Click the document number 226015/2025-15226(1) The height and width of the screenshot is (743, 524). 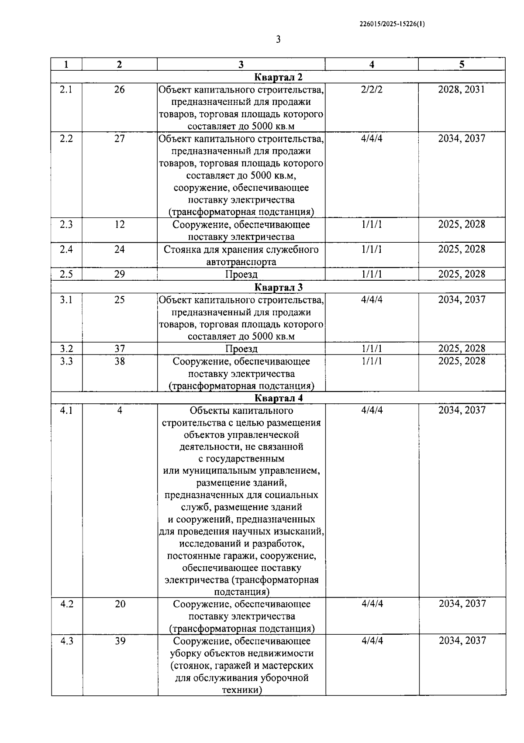click(392, 24)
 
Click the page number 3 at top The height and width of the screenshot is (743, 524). click(278, 40)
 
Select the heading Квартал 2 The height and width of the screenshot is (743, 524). click(278, 77)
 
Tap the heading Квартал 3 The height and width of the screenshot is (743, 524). click(278, 287)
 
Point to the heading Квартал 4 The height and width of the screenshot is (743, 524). click(278, 398)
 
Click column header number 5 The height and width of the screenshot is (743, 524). click(462, 65)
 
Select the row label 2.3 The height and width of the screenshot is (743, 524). click(66, 224)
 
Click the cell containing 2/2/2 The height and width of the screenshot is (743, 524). click(372, 89)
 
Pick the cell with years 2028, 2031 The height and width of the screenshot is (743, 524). click(462, 89)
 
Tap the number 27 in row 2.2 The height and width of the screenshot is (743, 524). click(119, 138)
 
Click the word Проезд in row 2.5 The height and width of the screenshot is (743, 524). click(241, 275)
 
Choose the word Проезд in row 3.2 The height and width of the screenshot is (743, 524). click(241, 349)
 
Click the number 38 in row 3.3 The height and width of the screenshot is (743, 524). click(119, 361)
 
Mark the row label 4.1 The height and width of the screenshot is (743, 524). click(66, 410)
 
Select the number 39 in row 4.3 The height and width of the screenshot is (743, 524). click(120, 641)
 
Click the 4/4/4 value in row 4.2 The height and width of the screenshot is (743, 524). click(372, 604)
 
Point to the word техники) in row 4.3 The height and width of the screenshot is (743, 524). click(241, 690)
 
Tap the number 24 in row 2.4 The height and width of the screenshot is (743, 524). click(119, 249)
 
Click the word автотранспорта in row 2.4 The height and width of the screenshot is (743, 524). click(241, 262)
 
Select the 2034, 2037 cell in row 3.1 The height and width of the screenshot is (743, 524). click(462, 299)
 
